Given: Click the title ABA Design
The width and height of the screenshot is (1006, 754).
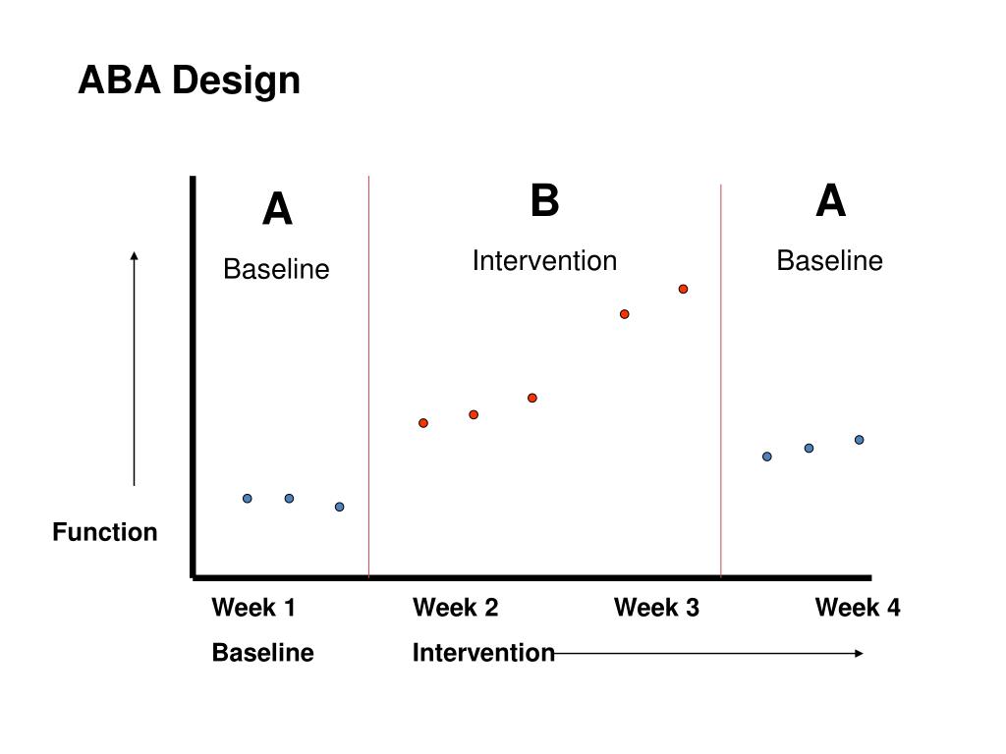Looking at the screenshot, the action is pos(190,81).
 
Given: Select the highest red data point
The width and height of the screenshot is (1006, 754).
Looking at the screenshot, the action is pos(684,290).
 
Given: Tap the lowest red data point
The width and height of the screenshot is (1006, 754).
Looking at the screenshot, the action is pos(423,423).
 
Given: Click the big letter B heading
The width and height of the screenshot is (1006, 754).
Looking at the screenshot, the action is pos(545,200).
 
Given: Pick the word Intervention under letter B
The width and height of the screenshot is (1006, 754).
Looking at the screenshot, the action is pos(544,261).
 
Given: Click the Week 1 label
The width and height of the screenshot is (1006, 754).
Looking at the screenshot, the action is pos(253,607).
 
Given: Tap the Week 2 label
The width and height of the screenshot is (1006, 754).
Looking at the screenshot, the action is pos(456,607).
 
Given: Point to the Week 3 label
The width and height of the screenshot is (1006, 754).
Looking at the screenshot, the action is pos(656,607).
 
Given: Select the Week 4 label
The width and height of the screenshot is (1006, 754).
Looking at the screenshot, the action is pos(858,607).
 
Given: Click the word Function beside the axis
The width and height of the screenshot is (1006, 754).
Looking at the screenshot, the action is pos(105,532).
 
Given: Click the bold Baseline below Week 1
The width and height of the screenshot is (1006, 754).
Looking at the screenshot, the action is pos(263,653).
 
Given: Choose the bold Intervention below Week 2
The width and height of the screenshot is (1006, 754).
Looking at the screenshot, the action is pos(483,653).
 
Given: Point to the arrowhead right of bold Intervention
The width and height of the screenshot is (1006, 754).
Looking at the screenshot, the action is pos(859,653).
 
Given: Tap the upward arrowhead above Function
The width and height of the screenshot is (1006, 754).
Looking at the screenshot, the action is pos(134,256).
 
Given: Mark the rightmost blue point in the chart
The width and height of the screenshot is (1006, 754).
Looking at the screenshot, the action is pos(859,440).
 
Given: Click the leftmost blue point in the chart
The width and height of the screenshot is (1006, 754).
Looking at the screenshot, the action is pos(247,498).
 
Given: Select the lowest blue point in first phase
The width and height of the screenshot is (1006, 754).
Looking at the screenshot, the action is pos(339,507).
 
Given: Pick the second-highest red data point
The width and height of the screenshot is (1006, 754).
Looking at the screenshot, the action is pos(624,314).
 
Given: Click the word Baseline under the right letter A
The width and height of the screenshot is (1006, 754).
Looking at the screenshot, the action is pos(829,261).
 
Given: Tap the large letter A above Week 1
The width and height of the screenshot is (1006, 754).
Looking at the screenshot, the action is pos(278,209).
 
